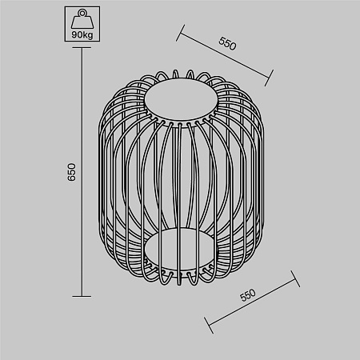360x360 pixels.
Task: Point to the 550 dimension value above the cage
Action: point(227,44)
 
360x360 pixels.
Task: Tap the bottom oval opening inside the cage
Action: point(180,249)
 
